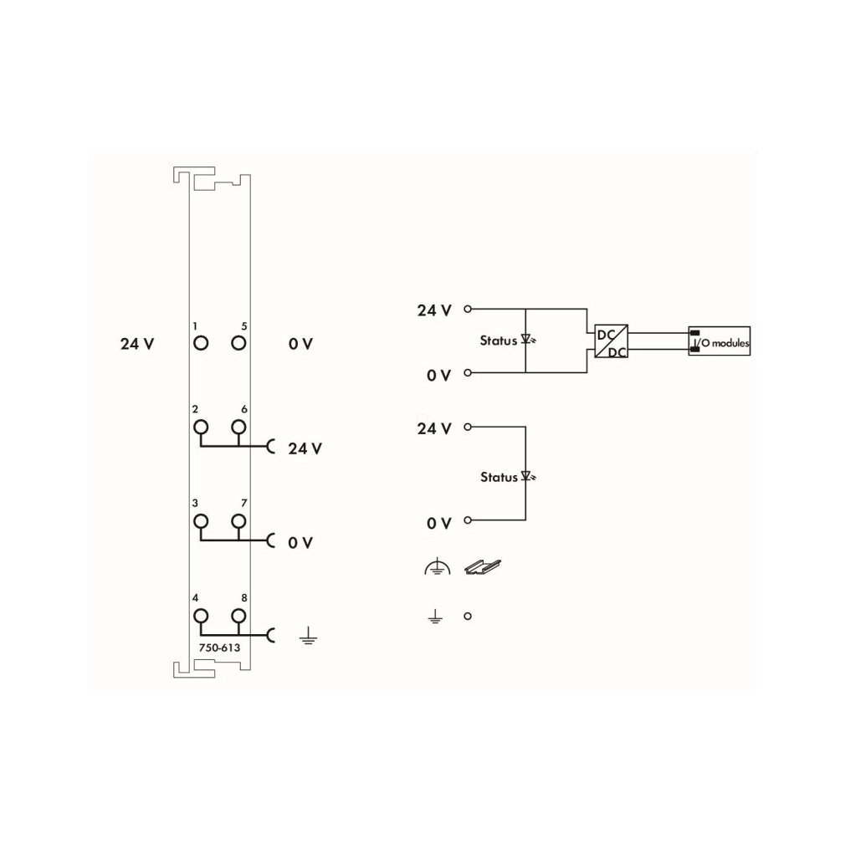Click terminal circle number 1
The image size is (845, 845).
coord(201,343)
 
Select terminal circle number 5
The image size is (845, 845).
coord(238,343)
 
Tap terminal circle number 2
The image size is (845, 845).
coord(201,428)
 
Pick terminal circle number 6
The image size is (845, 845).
coord(238,428)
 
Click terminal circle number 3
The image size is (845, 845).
coord(201,521)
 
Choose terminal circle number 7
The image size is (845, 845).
coord(238,521)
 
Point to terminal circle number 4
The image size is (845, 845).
coord(201,616)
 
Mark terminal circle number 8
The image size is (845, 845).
coord(238,616)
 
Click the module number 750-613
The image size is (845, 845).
coord(219,648)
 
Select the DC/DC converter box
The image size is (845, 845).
coord(611,341)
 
